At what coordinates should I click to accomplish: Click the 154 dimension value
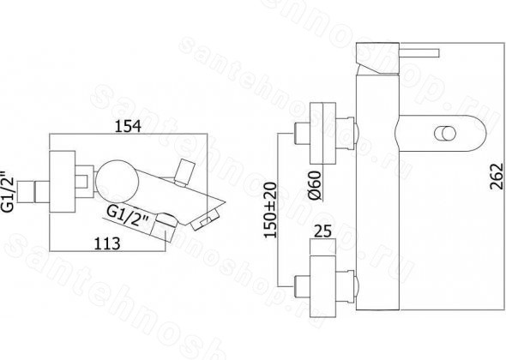128,126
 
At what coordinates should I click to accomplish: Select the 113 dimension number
107,243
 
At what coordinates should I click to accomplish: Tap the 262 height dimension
497,177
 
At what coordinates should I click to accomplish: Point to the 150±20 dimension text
270,210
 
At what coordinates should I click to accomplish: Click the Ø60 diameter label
315,185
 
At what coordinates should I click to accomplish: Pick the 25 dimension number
322,231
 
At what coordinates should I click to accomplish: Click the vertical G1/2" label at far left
8,190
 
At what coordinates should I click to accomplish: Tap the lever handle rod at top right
419,53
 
